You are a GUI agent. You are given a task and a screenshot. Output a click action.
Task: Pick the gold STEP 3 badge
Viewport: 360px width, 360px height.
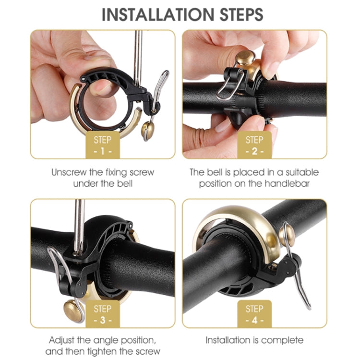(103, 314)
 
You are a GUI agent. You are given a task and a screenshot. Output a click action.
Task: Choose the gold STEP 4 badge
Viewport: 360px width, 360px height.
(254, 314)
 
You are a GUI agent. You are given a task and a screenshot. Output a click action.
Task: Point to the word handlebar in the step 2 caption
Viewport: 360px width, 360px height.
(298, 184)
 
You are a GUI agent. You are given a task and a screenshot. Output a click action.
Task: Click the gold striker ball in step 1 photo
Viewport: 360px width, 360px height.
(148, 129)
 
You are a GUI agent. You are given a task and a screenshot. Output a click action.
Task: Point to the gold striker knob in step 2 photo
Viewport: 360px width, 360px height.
(245, 58)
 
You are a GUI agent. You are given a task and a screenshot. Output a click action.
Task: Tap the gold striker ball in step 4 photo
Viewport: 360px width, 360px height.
(288, 234)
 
